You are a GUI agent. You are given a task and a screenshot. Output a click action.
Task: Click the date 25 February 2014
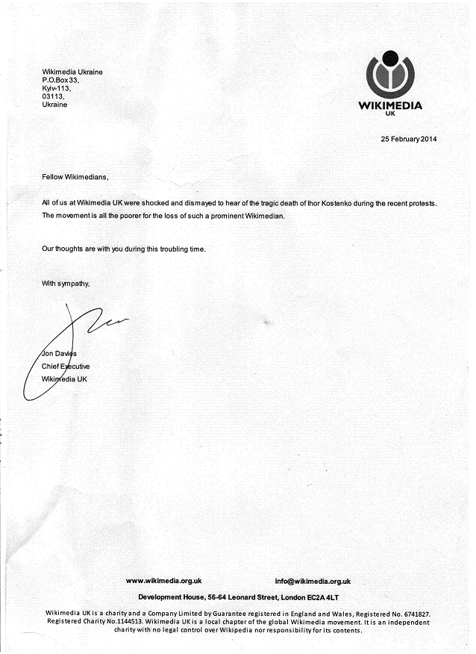click(409, 140)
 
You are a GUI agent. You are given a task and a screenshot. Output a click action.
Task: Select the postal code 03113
click(53, 96)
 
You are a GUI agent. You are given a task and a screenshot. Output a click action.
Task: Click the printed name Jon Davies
click(60, 353)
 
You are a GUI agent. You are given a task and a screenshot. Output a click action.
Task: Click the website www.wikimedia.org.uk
click(163, 581)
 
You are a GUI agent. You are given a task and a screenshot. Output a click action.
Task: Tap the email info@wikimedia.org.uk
click(313, 581)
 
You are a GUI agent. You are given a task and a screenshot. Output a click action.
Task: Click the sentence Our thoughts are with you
click(123, 249)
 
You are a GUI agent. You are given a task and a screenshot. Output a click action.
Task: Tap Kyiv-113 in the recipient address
click(55, 88)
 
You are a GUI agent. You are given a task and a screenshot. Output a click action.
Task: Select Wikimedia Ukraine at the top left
click(72, 72)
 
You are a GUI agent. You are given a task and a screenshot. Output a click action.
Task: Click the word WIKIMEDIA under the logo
click(390, 105)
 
